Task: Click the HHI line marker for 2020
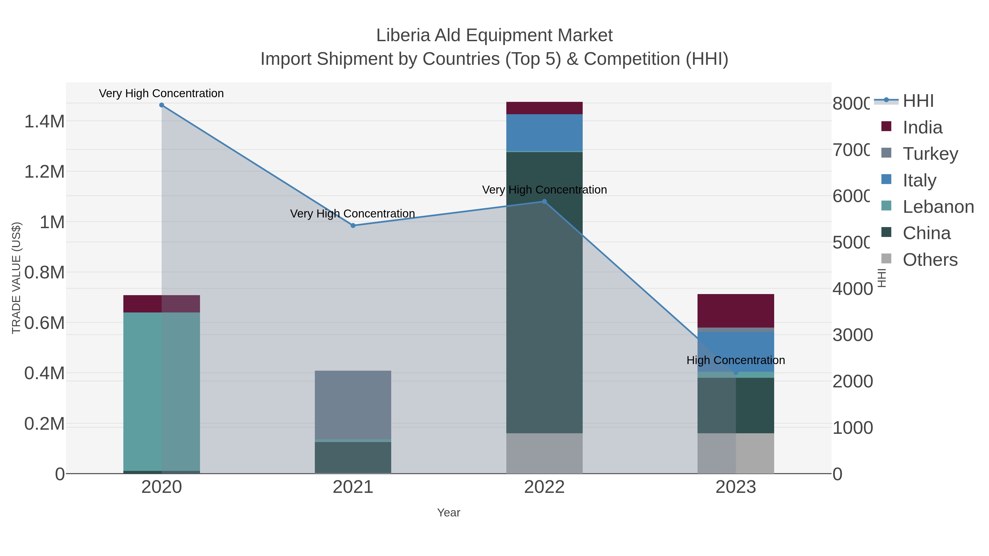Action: (x=162, y=105)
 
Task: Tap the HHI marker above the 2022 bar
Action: (x=544, y=202)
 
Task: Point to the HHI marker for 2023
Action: (x=736, y=373)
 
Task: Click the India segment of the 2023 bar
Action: (x=736, y=311)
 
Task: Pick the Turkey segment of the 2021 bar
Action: (x=353, y=404)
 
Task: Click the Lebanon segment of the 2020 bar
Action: (x=161, y=391)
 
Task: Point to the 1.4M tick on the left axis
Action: (x=45, y=122)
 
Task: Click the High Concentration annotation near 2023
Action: (x=736, y=360)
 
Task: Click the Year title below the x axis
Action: (x=448, y=513)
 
